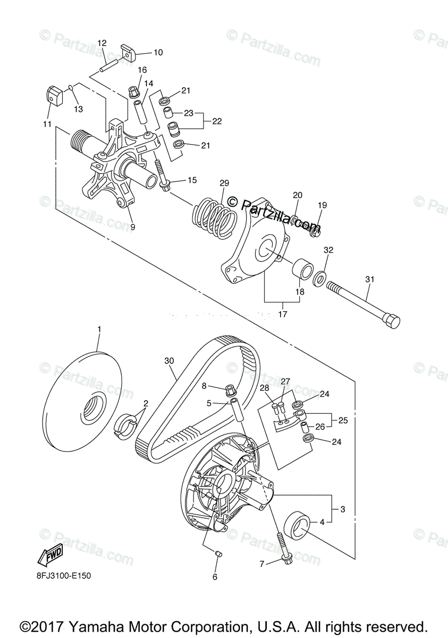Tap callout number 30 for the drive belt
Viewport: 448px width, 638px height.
point(169,361)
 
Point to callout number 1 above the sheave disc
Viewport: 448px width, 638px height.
point(99,330)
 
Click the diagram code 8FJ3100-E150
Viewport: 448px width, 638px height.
point(67,575)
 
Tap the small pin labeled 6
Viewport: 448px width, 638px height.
point(217,555)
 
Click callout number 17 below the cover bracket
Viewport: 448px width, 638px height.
point(282,314)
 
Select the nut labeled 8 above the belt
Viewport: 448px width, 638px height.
point(231,390)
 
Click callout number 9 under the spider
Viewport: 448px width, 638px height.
point(132,227)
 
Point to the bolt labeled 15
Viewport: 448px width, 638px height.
point(162,178)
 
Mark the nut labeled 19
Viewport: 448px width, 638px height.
point(315,229)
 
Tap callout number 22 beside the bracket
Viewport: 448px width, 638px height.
point(217,121)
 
